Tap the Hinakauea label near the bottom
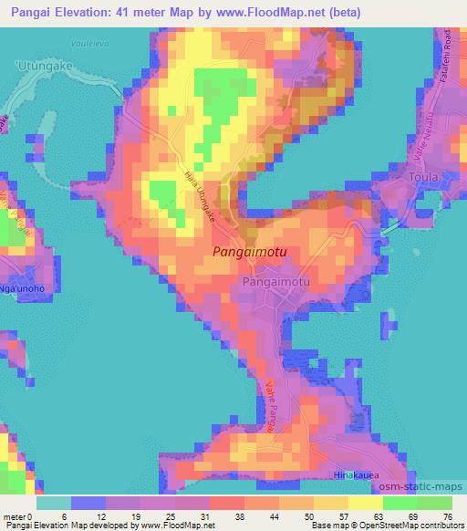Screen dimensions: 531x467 coord(358,476)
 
